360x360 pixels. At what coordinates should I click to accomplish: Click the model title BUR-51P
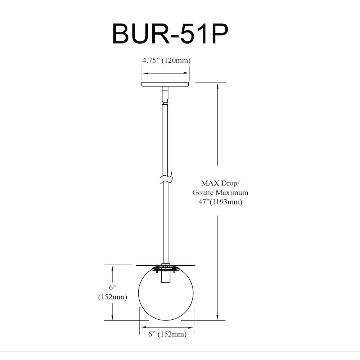tap(170, 34)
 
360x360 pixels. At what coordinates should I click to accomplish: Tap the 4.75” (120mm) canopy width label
tap(166, 60)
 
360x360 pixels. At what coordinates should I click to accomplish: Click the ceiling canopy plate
tap(165, 84)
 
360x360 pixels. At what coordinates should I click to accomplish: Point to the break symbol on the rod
tap(166, 177)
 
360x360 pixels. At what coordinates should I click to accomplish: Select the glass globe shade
tap(166, 293)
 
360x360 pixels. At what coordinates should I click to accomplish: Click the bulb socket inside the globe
tap(166, 276)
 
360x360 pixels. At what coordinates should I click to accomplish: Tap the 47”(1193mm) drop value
tap(220, 202)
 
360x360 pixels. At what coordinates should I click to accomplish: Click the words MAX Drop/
tap(220, 184)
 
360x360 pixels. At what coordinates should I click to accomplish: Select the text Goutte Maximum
tap(220, 193)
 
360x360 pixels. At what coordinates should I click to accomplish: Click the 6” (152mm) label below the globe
tap(167, 334)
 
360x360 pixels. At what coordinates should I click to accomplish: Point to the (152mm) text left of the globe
tap(112, 297)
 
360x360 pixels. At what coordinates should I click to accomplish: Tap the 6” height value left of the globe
tap(112, 287)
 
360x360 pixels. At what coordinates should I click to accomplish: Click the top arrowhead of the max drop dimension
tap(218, 86)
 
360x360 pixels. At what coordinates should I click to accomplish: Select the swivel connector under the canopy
tap(165, 95)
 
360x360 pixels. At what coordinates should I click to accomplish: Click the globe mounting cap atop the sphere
tap(166, 269)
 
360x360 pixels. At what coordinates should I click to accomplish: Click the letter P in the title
tap(220, 34)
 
